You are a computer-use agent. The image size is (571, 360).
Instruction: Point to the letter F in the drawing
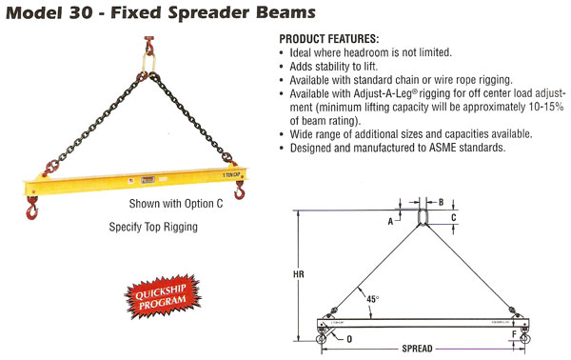click(x=514, y=334)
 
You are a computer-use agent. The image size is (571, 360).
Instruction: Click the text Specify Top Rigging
click(x=155, y=229)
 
